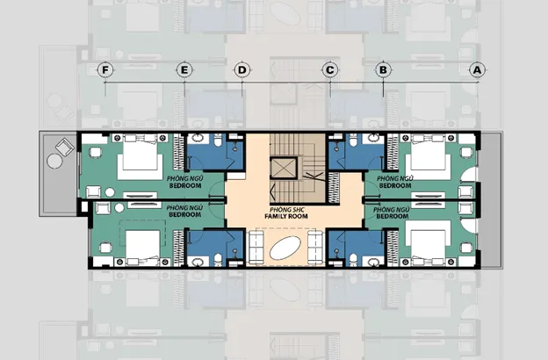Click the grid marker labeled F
[105, 70]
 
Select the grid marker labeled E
[184, 70]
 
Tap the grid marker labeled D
[242, 70]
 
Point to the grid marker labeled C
[329, 70]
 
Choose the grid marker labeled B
[383, 70]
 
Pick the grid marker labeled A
[477, 70]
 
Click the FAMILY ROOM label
[286, 216]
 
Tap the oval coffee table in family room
[285, 248]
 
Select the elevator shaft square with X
[284, 169]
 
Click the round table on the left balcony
[54, 162]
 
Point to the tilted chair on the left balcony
[65, 148]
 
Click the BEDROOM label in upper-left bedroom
[185, 185]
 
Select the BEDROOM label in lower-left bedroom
[185, 214]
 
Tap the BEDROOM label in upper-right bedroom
[395, 185]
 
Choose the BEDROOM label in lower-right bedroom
[393, 216]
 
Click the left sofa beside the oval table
[256, 248]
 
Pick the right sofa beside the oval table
[315, 248]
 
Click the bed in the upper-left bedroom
[141, 156]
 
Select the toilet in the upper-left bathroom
[218, 141]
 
